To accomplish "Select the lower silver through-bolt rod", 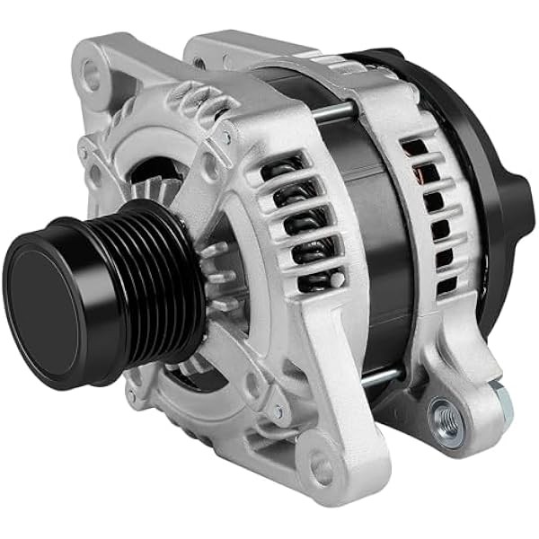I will click(x=377, y=376).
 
